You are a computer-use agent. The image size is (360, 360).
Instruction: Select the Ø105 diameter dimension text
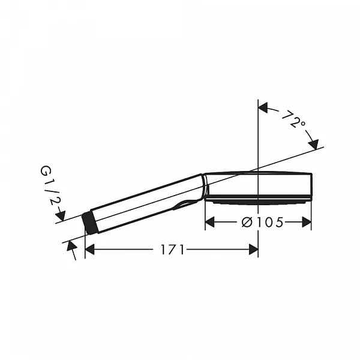pyautogui.click(x=263, y=222)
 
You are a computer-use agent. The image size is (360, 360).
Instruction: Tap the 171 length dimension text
pyautogui.click(x=172, y=250)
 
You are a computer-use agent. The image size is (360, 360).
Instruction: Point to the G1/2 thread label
pyautogui.click(x=49, y=185)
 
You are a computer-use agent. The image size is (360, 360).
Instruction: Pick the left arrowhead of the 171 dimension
pyautogui.click(x=90, y=250)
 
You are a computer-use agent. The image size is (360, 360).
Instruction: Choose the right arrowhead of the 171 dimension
pyautogui.click(x=253, y=250)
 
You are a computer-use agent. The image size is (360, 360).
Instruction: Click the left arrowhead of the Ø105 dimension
pyautogui.click(x=209, y=222)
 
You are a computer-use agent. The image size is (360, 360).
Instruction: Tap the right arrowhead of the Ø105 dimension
pyautogui.click(x=307, y=222)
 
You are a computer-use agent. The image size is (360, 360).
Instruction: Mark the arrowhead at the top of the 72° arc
pyautogui.click(x=263, y=107)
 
